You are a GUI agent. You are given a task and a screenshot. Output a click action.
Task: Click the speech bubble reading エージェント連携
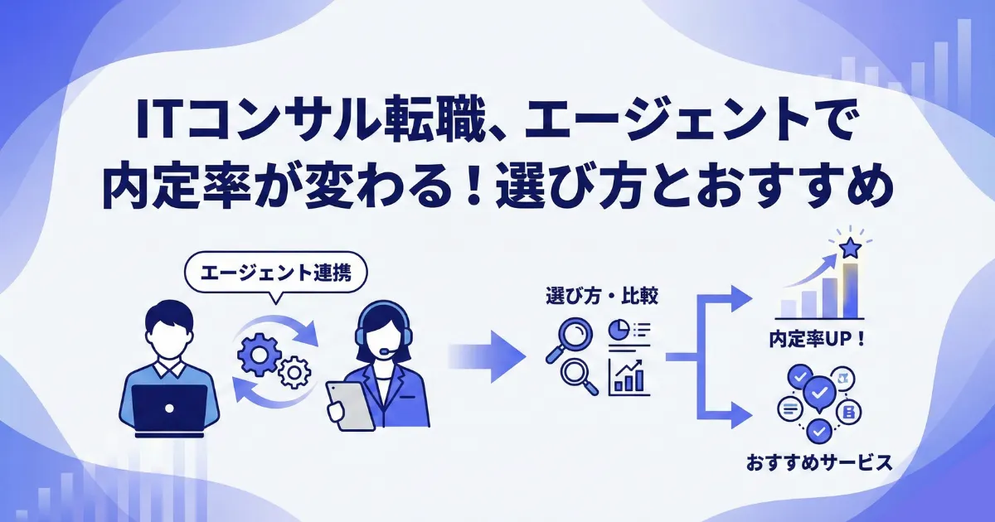276,273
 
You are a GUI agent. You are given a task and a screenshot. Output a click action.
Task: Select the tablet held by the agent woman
351,406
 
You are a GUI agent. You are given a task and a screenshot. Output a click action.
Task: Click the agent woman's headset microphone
386,350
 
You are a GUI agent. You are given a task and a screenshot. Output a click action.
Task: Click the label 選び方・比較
602,297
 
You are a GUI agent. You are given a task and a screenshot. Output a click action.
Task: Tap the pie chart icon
619,330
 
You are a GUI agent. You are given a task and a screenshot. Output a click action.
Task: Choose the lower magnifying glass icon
580,376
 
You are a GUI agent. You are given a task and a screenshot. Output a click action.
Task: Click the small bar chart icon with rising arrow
629,377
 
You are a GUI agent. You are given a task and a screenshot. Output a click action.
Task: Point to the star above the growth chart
850,248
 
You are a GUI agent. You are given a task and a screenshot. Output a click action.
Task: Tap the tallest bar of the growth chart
850,290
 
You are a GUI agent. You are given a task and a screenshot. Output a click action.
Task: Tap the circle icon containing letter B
849,412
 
